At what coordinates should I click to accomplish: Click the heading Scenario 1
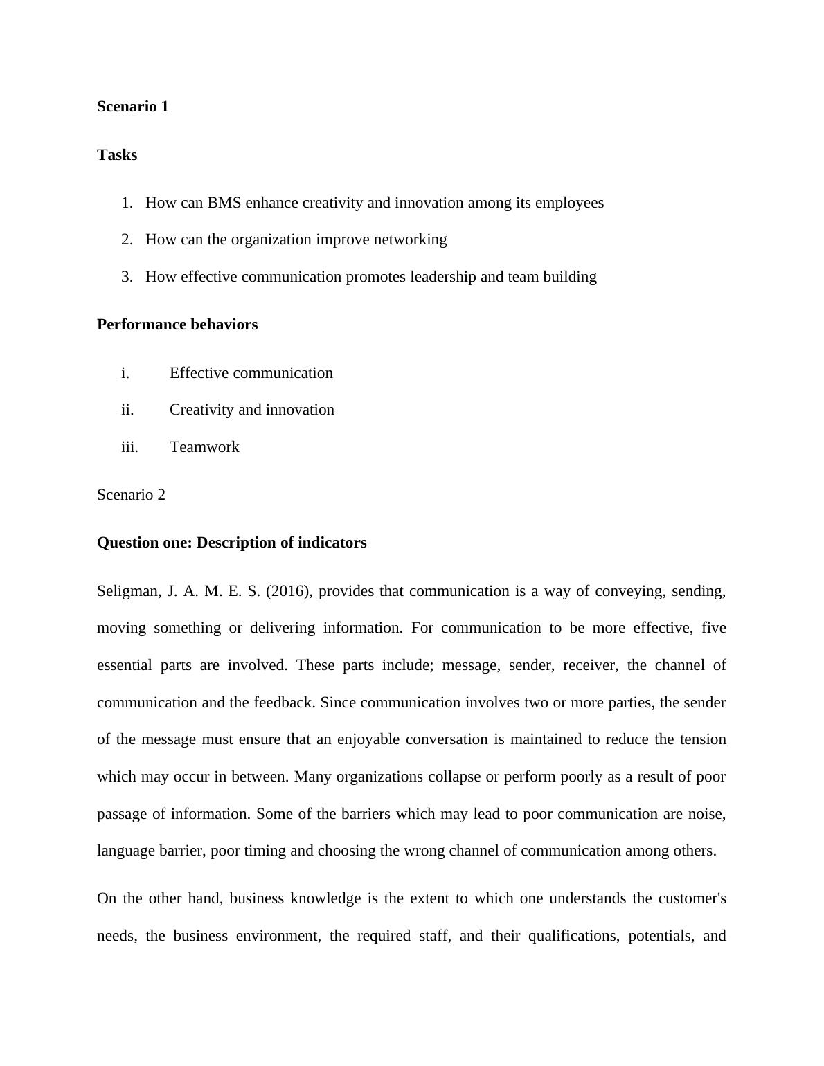tap(132, 107)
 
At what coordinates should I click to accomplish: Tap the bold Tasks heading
tap(117, 155)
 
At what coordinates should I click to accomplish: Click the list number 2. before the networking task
tap(127, 240)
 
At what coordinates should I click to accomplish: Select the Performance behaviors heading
tap(177, 325)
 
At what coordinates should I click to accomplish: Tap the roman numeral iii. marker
tap(129, 447)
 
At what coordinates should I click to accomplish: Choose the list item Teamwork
tap(204, 447)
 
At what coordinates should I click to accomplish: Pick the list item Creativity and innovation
tap(251, 410)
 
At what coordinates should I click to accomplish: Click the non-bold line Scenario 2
tap(131, 495)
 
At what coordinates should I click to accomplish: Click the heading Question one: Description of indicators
tap(231, 543)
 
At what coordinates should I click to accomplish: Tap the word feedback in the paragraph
tap(284, 703)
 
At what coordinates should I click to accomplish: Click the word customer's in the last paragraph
tap(691, 898)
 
